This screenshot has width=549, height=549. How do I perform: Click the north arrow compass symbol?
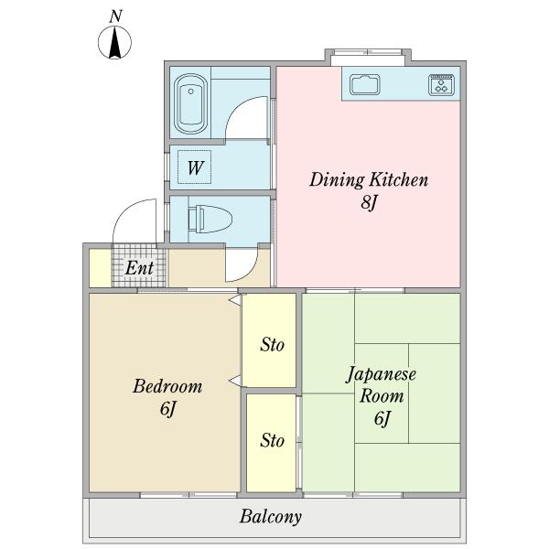pos(115,42)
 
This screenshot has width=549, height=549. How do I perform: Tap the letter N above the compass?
pos(115,16)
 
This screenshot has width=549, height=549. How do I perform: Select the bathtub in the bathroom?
pos(191,103)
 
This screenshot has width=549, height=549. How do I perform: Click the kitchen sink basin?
pos(365,84)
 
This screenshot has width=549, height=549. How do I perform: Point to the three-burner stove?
pos(441,85)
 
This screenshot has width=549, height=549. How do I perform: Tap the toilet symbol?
pos(210,220)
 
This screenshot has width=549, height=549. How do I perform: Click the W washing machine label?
pos(195,167)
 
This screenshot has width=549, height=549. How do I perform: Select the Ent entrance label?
pos(139,268)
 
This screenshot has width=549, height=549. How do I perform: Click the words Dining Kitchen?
pos(369,180)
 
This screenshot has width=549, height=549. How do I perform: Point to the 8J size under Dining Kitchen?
pos(369,202)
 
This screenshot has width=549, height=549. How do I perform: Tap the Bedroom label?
pos(167,386)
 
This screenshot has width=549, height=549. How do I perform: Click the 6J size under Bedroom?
pos(167,409)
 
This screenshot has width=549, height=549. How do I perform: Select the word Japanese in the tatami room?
pos(382,375)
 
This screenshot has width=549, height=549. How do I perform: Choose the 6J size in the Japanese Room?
pos(382,418)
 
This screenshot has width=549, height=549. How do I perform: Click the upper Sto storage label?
pos(272,345)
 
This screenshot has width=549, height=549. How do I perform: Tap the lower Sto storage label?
pos(272,440)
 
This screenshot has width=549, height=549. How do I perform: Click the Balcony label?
pos(271,517)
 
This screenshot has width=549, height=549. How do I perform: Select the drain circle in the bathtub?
pos(191,91)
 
